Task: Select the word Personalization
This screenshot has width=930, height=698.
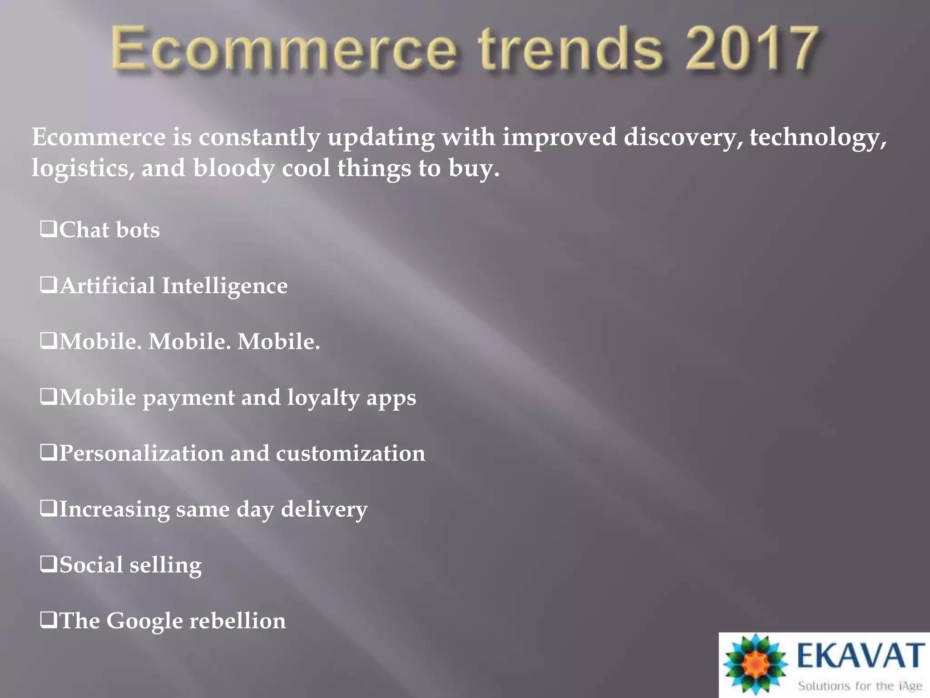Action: click(142, 454)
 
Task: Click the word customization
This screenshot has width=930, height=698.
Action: click(351, 454)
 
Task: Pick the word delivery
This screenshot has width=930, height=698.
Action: click(324, 510)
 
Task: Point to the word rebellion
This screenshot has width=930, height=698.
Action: click(237, 621)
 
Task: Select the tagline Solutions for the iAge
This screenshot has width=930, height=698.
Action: click(860, 685)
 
